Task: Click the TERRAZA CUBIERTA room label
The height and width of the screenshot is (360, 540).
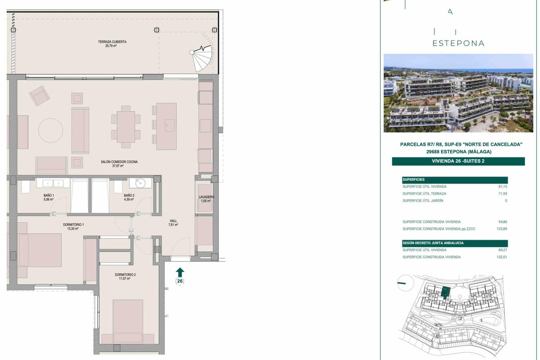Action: click(x=112, y=42)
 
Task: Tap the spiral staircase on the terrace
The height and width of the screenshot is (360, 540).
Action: click(x=202, y=58)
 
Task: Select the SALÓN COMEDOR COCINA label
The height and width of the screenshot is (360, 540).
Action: click(x=119, y=162)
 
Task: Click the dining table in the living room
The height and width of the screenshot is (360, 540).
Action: click(x=126, y=127)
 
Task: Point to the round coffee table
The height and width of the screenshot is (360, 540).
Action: click(x=50, y=130)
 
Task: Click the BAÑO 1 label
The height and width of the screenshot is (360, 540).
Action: click(x=49, y=195)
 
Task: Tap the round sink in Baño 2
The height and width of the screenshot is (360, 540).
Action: click(x=140, y=183)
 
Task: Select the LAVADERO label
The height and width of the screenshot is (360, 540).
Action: click(x=206, y=197)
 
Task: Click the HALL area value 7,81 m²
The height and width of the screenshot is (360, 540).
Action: click(x=173, y=225)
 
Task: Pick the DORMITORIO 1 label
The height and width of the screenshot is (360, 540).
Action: click(x=73, y=225)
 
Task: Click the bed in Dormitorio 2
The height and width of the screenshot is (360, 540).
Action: click(x=128, y=321)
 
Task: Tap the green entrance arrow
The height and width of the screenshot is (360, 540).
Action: click(x=180, y=272)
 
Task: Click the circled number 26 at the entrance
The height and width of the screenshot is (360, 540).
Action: click(x=180, y=281)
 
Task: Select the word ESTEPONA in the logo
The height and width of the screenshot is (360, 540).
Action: click(x=458, y=43)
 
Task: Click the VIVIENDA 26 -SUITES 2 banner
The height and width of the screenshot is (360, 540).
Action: click(x=458, y=161)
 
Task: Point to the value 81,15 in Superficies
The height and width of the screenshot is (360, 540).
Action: click(x=503, y=187)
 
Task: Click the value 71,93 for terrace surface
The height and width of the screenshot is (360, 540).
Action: click(x=503, y=193)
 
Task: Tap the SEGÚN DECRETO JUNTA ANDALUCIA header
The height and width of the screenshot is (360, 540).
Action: click(x=433, y=243)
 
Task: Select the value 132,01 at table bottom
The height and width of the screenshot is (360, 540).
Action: click(x=502, y=257)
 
